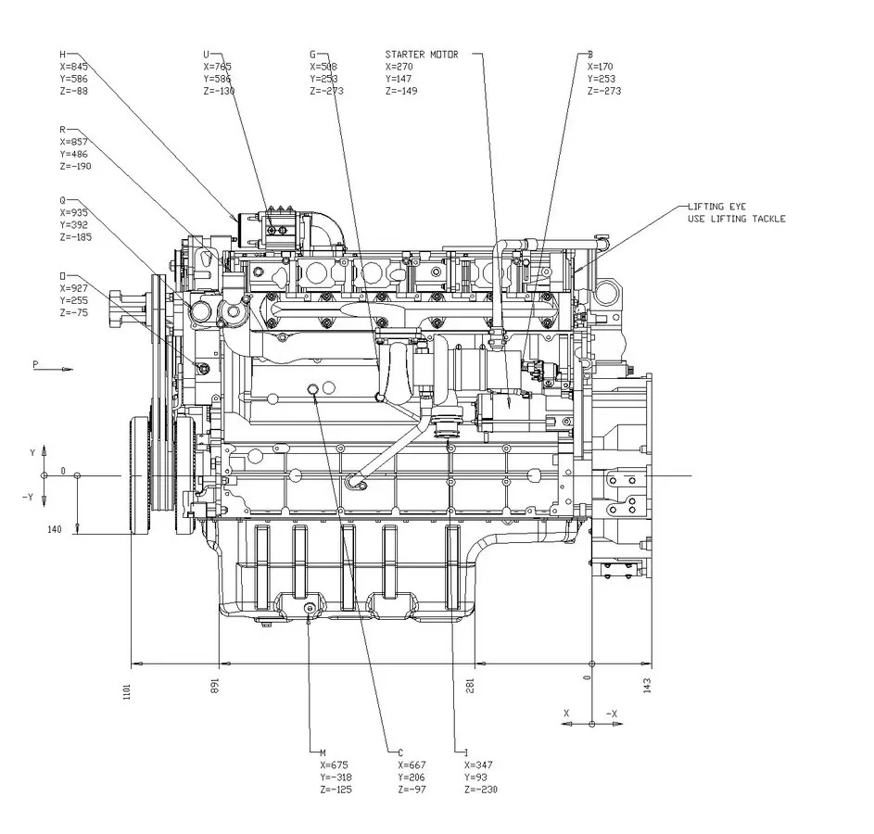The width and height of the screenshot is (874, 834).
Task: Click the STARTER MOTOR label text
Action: tap(421, 55)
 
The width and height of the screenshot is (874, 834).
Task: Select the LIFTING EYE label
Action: tap(716, 207)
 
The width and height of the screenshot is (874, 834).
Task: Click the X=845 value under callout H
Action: tap(73, 67)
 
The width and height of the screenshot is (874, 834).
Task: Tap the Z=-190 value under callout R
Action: tap(75, 166)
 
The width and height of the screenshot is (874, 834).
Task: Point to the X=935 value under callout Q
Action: tap(73, 212)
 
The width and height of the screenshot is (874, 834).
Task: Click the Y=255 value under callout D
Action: tap(73, 300)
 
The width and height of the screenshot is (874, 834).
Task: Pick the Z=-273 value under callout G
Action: tap(326, 91)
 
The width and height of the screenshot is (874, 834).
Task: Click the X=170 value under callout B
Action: tap(601, 67)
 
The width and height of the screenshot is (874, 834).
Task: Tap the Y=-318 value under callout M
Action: tap(336, 777)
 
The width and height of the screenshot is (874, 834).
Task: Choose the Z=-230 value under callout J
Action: tap(480, 790)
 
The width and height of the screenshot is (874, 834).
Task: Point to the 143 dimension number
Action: tap(647, 685)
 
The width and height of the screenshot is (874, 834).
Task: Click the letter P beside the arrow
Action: tap(35, 364)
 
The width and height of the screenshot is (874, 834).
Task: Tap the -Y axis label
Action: tap(28, 497)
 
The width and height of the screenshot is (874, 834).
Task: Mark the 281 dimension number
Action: tap(470, 685)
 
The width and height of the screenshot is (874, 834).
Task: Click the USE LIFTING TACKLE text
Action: tap(737, 219)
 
